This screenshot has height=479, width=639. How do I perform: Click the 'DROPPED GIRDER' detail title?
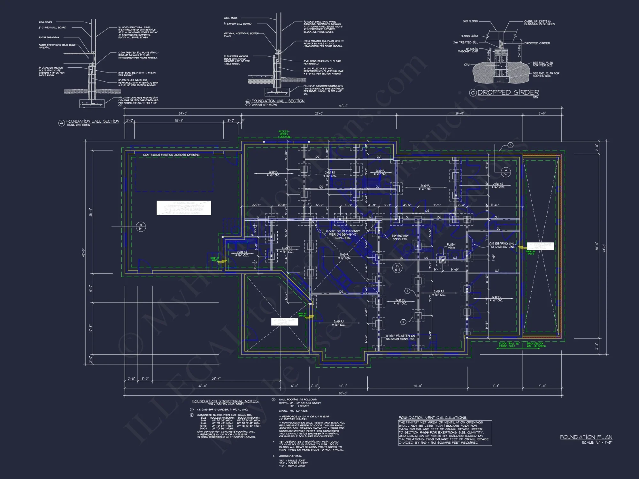click(x=508, y=93)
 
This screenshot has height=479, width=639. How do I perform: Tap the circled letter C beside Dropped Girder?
click(x=473, y=93)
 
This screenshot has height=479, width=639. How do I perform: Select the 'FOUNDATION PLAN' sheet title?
click(x=586, y=437)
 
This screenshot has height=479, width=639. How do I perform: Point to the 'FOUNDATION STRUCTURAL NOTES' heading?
click(x=225, y=401)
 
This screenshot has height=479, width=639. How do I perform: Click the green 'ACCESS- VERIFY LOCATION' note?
click(x=284, y=134)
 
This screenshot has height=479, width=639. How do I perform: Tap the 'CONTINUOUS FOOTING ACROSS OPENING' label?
click(x=171, y=155)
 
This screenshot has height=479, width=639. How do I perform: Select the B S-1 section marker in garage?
click(x=141, y=227)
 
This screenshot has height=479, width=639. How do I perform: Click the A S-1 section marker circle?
click(x=506, y=172)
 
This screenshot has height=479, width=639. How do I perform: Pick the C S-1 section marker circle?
click(x=397, y=268)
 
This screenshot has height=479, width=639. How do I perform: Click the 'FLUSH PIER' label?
click(x=451, y=246)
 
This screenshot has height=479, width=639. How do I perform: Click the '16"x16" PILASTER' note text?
click(x=400, y=337)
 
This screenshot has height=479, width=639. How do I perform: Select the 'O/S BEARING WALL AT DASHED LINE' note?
click(x=502, y=245)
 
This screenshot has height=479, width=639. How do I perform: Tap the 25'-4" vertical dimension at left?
click(x=90, y=212)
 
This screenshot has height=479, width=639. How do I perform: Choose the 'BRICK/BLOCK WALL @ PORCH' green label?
click(x=536, y=345)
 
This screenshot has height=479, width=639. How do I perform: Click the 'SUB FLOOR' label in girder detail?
click(x=470, y=21)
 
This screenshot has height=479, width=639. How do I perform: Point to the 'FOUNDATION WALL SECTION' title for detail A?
click(x=93, y=121)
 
